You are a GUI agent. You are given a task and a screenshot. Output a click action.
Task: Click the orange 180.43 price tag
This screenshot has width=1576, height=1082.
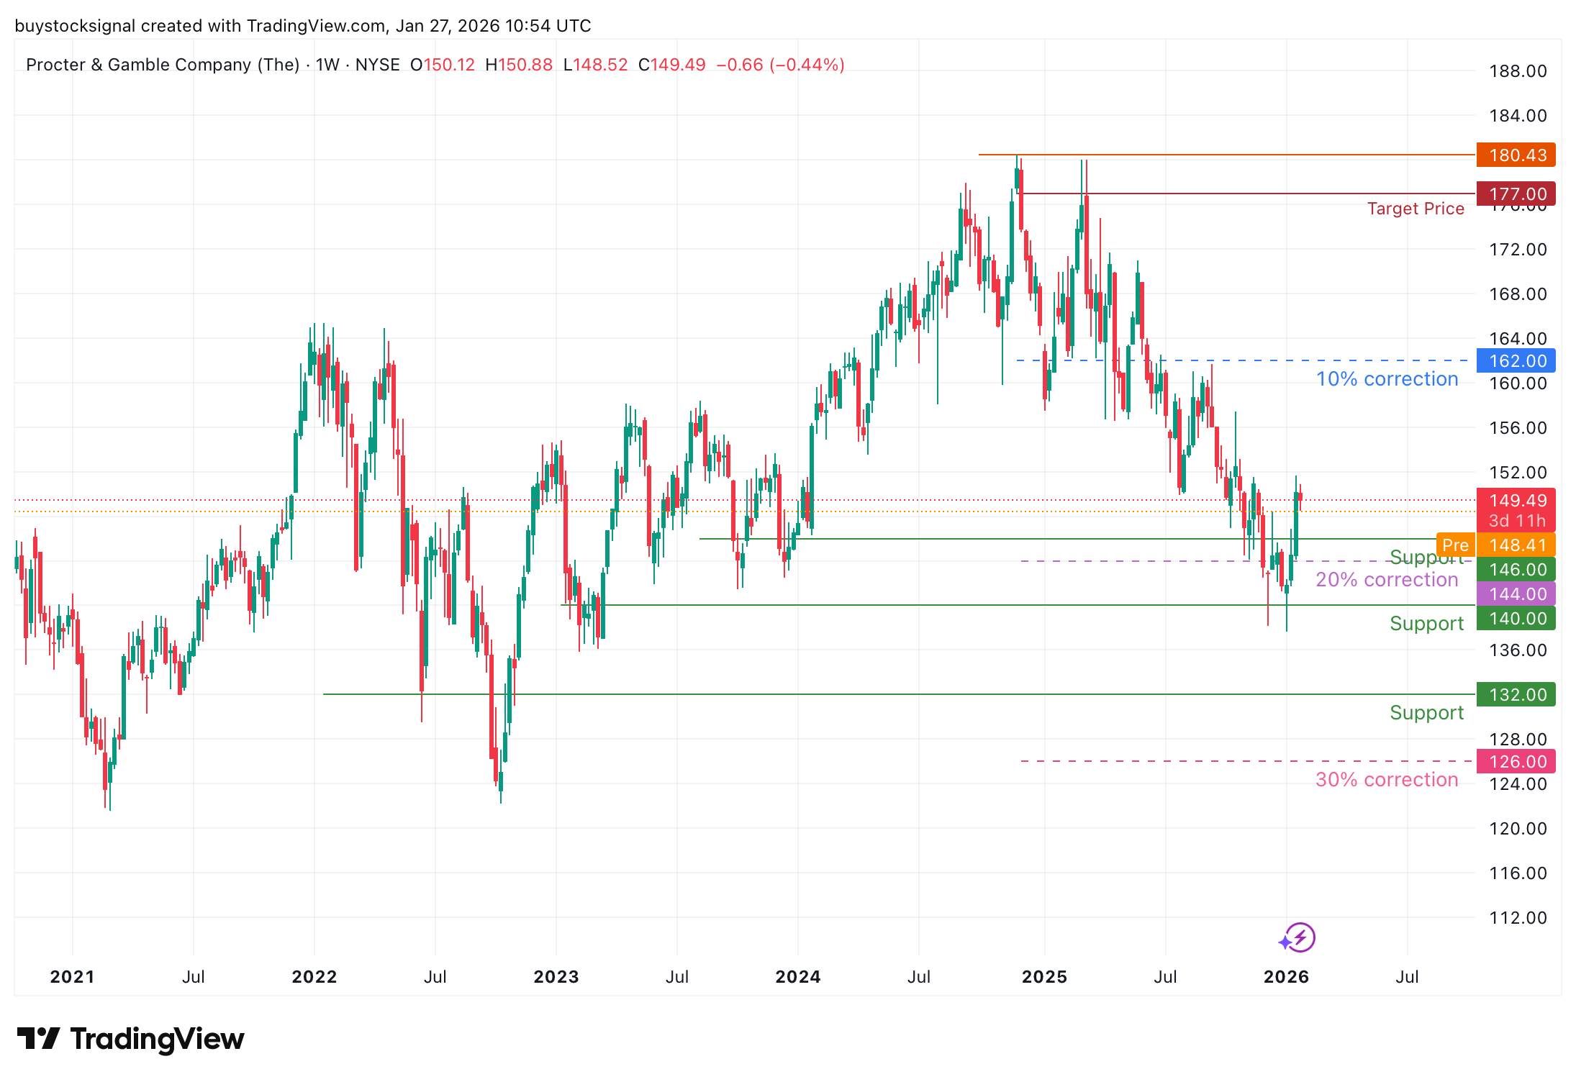tap(1516, 155)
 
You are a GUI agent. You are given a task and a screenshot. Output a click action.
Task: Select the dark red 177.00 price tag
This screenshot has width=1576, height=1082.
tap(1516, 194)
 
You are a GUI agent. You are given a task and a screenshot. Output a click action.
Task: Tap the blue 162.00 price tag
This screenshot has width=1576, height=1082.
tap(1516, 360)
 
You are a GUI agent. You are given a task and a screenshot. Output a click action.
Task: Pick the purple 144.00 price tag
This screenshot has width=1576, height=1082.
tap(1516, 594)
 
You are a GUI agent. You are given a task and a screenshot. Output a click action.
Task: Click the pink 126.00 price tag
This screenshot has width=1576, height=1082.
tap(1516, 761)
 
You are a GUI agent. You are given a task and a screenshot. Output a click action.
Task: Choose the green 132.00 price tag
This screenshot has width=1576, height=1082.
tap(1516, 694)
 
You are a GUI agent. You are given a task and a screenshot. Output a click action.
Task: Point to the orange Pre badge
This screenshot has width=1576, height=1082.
tap(1455, 545)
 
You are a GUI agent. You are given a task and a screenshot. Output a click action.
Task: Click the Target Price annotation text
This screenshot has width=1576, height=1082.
tap(1416, 209)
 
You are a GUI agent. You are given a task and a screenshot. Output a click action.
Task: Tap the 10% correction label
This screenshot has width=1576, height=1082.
tap(1387, 379)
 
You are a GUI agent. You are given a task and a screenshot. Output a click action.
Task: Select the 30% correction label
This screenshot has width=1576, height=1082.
tap(1387, 780)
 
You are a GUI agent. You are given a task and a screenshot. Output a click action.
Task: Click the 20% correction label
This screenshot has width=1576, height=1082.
tap(1387, 580)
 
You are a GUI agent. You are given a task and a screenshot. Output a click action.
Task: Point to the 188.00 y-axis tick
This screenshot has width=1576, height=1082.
tap(1518, 71)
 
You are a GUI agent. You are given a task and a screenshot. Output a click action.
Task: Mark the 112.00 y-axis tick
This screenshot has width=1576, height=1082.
tap(1518, 918)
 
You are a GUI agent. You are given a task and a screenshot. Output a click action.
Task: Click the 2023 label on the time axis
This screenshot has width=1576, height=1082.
tap(556, 977)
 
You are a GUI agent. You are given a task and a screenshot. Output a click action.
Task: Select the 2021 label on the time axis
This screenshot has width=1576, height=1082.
tap(72, 977)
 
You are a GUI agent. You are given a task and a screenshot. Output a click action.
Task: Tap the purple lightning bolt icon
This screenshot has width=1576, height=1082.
tap(1300, 937)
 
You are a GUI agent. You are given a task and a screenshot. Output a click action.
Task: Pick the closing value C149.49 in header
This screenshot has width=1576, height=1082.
tap(672, 65)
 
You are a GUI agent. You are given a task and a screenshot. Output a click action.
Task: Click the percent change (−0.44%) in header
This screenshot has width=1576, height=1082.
tap(807, 65)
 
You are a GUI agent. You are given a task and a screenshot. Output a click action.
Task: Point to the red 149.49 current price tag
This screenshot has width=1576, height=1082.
tap(1516, 501)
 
